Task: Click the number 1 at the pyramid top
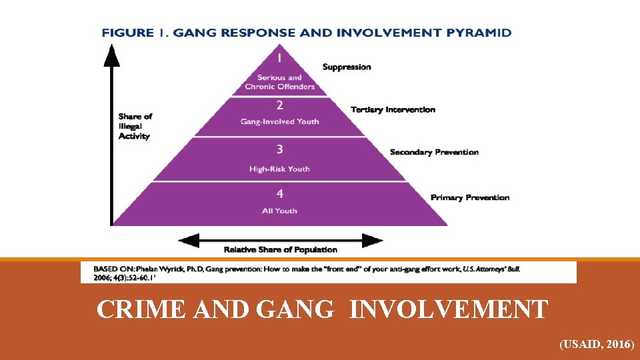(x=280, y=59)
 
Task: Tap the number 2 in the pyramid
(x=280, y=105)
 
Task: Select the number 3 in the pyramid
(x=280, y=150)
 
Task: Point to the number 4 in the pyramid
(x=280, y=194)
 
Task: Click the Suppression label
(x=347, y=67)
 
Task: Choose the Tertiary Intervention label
(x=393, y=109)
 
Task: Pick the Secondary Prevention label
(x=434, y=152)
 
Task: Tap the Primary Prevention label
(x=470, y=197)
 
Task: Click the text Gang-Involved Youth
(x=280, y=121)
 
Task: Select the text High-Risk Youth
(x=280, y=169)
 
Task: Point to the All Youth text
(x=280, y=211)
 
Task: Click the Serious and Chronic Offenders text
(x=280, y=82)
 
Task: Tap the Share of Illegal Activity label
(x=135, y=126)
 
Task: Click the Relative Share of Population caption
(x=280, y=250)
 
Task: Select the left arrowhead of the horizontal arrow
(x=185, y=239)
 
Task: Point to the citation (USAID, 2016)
(x=597, y=345)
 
